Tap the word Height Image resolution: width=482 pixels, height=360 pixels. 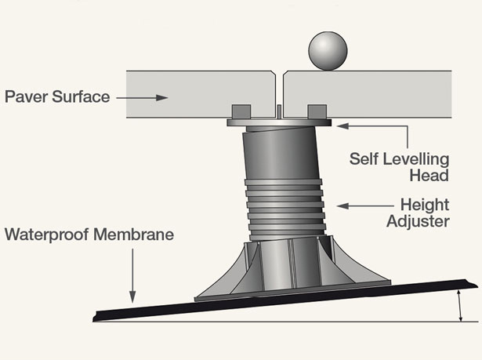tap(424, 205)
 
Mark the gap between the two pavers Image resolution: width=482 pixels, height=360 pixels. tap(280, 86)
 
